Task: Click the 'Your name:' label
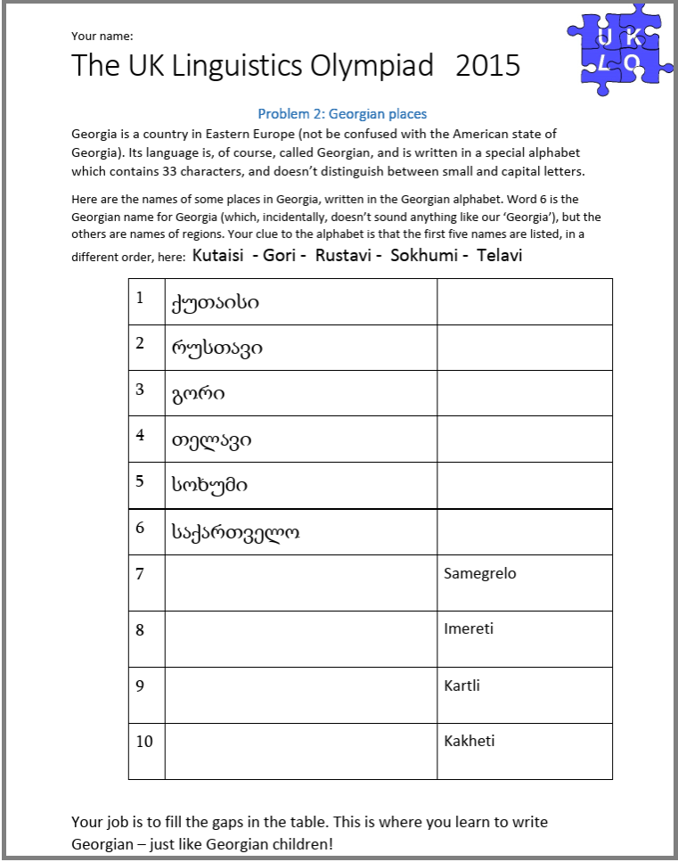(102, 37)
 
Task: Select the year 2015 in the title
(487, 66)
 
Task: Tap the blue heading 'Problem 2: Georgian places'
(342, 114)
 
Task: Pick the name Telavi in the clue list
(499, 255)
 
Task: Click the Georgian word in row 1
(215, 303)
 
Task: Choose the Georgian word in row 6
(235, 532)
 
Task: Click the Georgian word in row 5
(209, 486)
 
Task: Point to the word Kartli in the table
(462, 686)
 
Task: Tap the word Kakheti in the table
(469, 741)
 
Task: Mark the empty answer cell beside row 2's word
(524, 348)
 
